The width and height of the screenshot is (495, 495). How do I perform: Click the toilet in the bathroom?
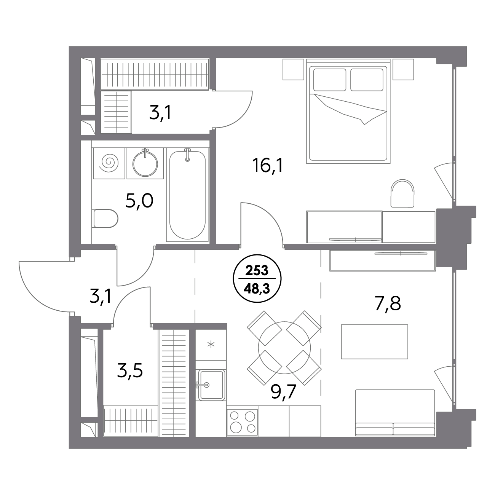pyautogui.click(x=105, y=219)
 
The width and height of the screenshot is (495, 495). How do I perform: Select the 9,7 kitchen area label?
pyautogui.click(x=284, y=392)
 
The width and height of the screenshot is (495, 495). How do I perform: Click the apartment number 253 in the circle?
pyautogui.click(x=257, y=271)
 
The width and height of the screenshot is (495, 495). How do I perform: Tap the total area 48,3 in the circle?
pyautogui.click(x=257, y=289)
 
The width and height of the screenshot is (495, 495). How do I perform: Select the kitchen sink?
pyautogui.click(x=211, y=385)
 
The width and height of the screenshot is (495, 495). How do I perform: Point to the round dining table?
pyautogui.click(x=284, y=348)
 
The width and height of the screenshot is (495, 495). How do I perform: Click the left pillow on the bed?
pyautogui.click(x=330, y=80)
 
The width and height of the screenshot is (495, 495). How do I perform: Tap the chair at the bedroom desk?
pyautogui.click(x=402, y=193)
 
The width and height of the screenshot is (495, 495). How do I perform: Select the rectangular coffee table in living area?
pyautogui.click(x=375, y=342)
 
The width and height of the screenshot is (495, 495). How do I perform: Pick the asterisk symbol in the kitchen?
pyautogui.click(x=211, y=345)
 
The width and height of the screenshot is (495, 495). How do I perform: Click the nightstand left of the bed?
pyautogui.click(x=293, y=69)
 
